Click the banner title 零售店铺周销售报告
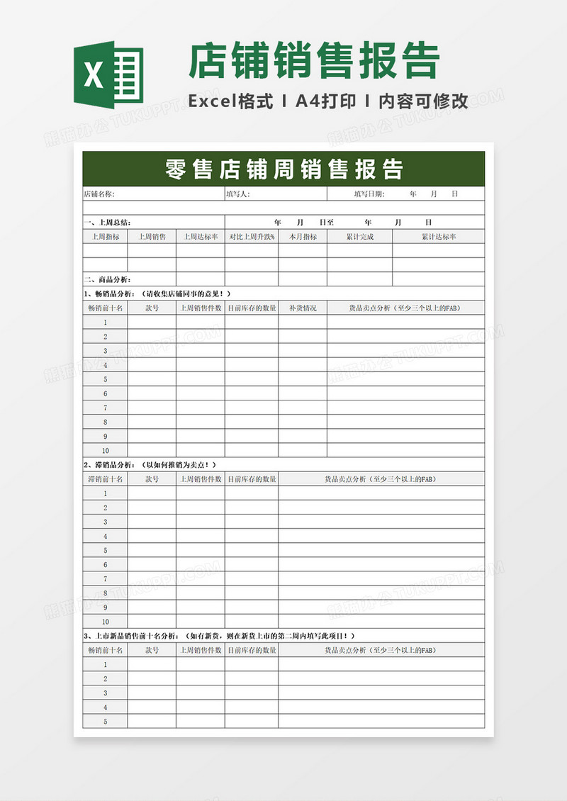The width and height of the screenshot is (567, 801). pyautogui.click(x=283, y=169)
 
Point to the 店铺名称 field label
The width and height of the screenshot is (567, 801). pyautogui.click(x=99, y=194)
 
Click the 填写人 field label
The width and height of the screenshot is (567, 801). pyautogui.click(x=238, y=194)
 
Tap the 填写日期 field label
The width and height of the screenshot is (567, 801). pyautogui.click(x=369, y=194)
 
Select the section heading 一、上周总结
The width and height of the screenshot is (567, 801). pyautogui.click(x=107, y=222)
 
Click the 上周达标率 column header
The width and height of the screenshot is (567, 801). pyautogui.click(x=201, y=237)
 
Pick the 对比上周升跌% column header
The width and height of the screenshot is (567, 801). pyautogui.click(x=252, y=237)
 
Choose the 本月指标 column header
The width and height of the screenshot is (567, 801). pyautogui.click(x=303, y=237)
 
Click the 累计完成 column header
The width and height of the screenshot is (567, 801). pyautogui.click(x=359, y=237)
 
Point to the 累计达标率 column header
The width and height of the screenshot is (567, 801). pyautogui.click(x=439, y=237)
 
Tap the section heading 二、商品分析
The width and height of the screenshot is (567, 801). pyautogui.click(x=107, y=279)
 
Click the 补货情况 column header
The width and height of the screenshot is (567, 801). pyautogui.click(x=303, y=308)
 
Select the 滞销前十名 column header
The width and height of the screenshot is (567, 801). pyautogui.click(x=105, y=479)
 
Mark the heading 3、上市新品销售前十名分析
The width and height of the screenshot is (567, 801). pyautogui.click(x=135, y=636)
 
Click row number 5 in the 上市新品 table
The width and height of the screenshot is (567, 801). pyautogui.click(x=105, y=722)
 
